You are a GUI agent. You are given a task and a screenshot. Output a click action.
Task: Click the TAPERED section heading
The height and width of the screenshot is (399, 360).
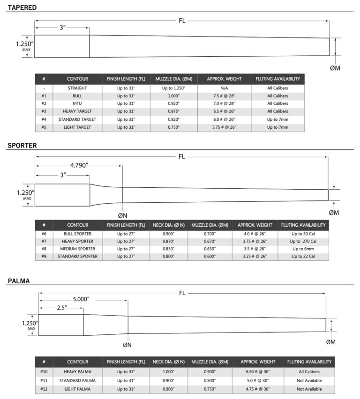(22, 7)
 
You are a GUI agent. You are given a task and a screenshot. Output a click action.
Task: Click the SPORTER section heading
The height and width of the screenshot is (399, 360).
(22, 146)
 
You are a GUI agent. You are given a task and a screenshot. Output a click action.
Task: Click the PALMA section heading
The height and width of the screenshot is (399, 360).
(19, 281)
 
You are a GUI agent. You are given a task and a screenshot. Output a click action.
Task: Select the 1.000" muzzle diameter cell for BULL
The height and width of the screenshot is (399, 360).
(173, 96)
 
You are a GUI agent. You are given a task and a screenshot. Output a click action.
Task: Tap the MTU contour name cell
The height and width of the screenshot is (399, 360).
(77, 103)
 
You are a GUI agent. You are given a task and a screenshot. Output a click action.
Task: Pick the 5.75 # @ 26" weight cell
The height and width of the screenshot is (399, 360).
(224, 127)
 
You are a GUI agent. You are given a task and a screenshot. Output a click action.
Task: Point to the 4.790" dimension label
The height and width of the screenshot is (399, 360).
(80, 165)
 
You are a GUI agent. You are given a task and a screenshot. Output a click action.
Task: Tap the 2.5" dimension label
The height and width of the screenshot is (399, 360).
(60, 307)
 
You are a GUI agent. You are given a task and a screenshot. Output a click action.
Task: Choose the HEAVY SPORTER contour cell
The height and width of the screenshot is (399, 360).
(77, 241)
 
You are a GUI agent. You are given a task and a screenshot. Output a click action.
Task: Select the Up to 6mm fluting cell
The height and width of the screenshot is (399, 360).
(303, 249)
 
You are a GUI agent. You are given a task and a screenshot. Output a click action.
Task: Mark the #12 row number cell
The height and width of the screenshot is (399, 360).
(44, 389)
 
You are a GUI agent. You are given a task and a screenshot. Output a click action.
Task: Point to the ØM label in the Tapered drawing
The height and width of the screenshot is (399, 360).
(335, 68)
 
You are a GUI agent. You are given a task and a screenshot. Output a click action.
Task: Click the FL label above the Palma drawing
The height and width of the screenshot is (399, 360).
(182, 293)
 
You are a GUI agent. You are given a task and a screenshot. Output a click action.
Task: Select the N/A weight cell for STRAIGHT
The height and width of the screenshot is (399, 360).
(224, 88)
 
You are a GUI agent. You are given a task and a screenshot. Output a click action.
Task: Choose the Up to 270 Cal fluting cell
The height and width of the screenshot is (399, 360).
(303, 241)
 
